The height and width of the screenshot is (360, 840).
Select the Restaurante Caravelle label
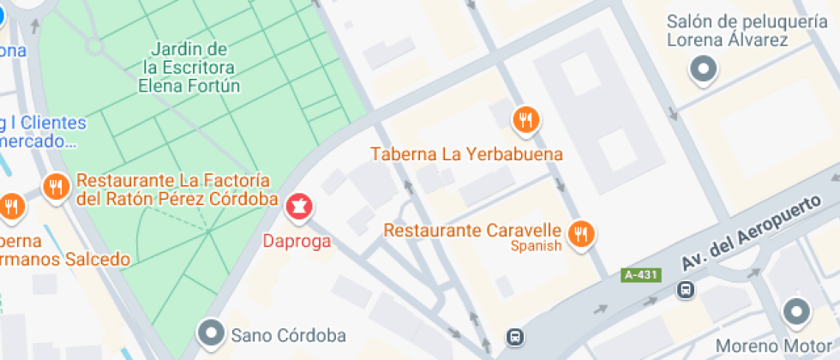472,231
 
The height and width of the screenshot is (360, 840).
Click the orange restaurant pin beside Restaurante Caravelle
583,232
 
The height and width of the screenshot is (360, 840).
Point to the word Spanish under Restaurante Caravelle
536,247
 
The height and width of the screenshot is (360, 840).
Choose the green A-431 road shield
641,275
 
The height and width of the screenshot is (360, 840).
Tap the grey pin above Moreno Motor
796,311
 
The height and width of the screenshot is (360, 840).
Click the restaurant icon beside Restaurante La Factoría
56,186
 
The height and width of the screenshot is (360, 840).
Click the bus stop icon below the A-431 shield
686,290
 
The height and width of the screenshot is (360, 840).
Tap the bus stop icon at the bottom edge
513,337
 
